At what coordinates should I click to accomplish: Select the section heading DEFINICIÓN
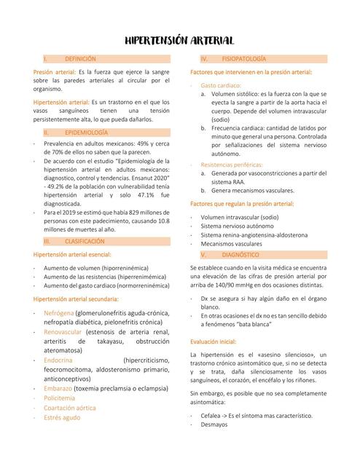(80, 58)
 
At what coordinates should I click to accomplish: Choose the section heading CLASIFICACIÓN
(85, 240)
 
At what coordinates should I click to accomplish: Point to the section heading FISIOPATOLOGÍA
(243, 58)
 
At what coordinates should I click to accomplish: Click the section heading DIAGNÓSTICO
(240, 256)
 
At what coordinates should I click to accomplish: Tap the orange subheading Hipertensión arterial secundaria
(76, 300)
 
